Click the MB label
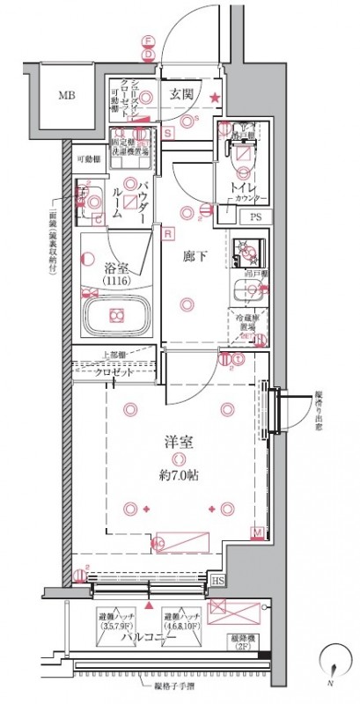point(68,96)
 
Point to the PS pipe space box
point(255,216)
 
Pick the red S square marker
point(167,134)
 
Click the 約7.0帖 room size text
point(179,475)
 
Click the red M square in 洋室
point(257,533)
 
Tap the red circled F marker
point(149,41)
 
